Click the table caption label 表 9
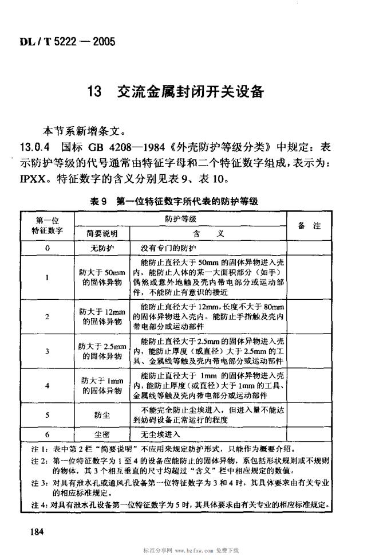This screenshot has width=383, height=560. point(99,201)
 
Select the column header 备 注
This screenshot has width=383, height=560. point(309,226)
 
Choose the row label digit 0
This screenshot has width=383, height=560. point(48,248)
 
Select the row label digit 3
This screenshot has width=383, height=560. point(48,351)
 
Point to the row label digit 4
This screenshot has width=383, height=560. point(48,386)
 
